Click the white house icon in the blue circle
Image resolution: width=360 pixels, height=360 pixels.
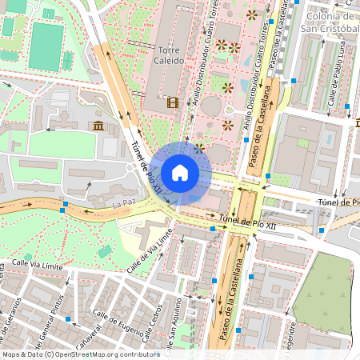pos(180,172)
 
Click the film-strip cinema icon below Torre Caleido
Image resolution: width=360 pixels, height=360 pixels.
pos(172,102)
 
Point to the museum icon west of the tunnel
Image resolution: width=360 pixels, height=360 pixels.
pos(98,126)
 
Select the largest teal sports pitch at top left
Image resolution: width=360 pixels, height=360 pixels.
pos(46,45)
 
